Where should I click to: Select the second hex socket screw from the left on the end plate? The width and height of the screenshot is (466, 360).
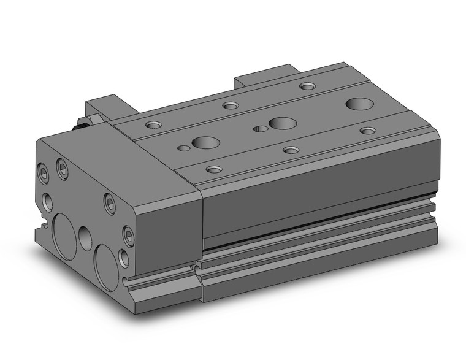point(63,169)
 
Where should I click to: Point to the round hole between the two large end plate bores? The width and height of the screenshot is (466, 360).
point(85,238)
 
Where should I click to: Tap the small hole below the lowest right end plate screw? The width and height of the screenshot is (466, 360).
point(124,258)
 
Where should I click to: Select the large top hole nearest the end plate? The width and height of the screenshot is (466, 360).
point(205,143)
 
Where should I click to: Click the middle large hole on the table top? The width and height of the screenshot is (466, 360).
point(282,123)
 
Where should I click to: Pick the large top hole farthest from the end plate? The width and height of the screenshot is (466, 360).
point(358,104)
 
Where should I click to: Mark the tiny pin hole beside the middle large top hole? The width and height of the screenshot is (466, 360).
point(262,129)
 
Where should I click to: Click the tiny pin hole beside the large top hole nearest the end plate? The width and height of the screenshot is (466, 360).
point(183,148)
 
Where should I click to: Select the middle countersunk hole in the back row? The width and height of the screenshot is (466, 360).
point(231,105)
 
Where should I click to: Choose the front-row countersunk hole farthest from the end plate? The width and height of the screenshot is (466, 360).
point(368,131)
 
